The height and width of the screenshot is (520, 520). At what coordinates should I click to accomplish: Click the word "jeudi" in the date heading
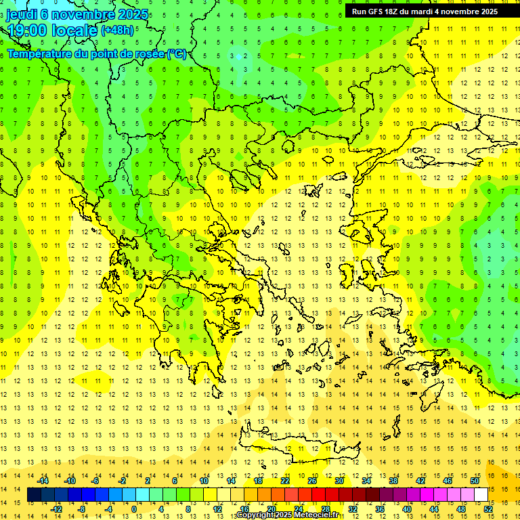(21, 14)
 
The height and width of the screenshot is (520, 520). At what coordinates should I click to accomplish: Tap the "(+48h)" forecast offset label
(117, 30)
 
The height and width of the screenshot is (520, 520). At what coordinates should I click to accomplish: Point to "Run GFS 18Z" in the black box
(376, 12)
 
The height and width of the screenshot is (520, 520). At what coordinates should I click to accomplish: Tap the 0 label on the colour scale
(133, 509)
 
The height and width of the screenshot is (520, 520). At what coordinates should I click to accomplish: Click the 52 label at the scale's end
(488, 509)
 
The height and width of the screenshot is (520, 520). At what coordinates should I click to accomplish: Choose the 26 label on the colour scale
(312, 480)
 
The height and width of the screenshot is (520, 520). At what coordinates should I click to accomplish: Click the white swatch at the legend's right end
(481, 495)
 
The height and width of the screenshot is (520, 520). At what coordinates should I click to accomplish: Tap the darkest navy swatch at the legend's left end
(35, 495)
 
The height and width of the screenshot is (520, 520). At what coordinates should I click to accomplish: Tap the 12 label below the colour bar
(217, 509)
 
